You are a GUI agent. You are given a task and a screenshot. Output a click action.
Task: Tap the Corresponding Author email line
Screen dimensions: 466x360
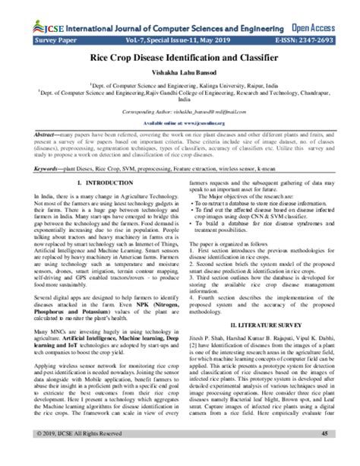point(179,112)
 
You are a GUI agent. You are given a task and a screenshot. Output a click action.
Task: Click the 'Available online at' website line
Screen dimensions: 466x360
point(179,121)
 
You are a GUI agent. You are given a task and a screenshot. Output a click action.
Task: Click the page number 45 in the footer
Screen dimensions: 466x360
point(324,455)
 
